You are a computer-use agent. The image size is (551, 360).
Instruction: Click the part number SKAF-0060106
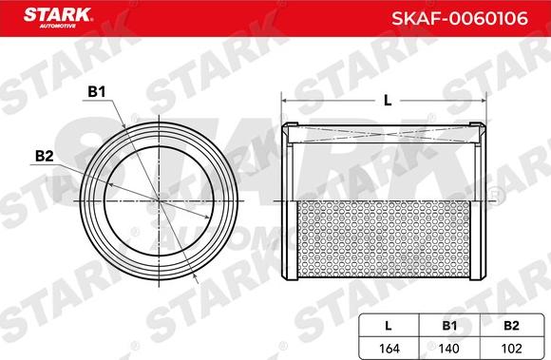(470, 17)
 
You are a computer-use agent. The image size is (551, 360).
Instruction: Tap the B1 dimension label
(95, 93)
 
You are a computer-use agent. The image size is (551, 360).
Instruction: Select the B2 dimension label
(43, 156)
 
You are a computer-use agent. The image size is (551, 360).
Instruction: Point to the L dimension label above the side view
(386, 100)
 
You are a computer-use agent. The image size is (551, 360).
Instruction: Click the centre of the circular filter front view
(157, 200)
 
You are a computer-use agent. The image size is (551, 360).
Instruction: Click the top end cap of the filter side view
(386, 128)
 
